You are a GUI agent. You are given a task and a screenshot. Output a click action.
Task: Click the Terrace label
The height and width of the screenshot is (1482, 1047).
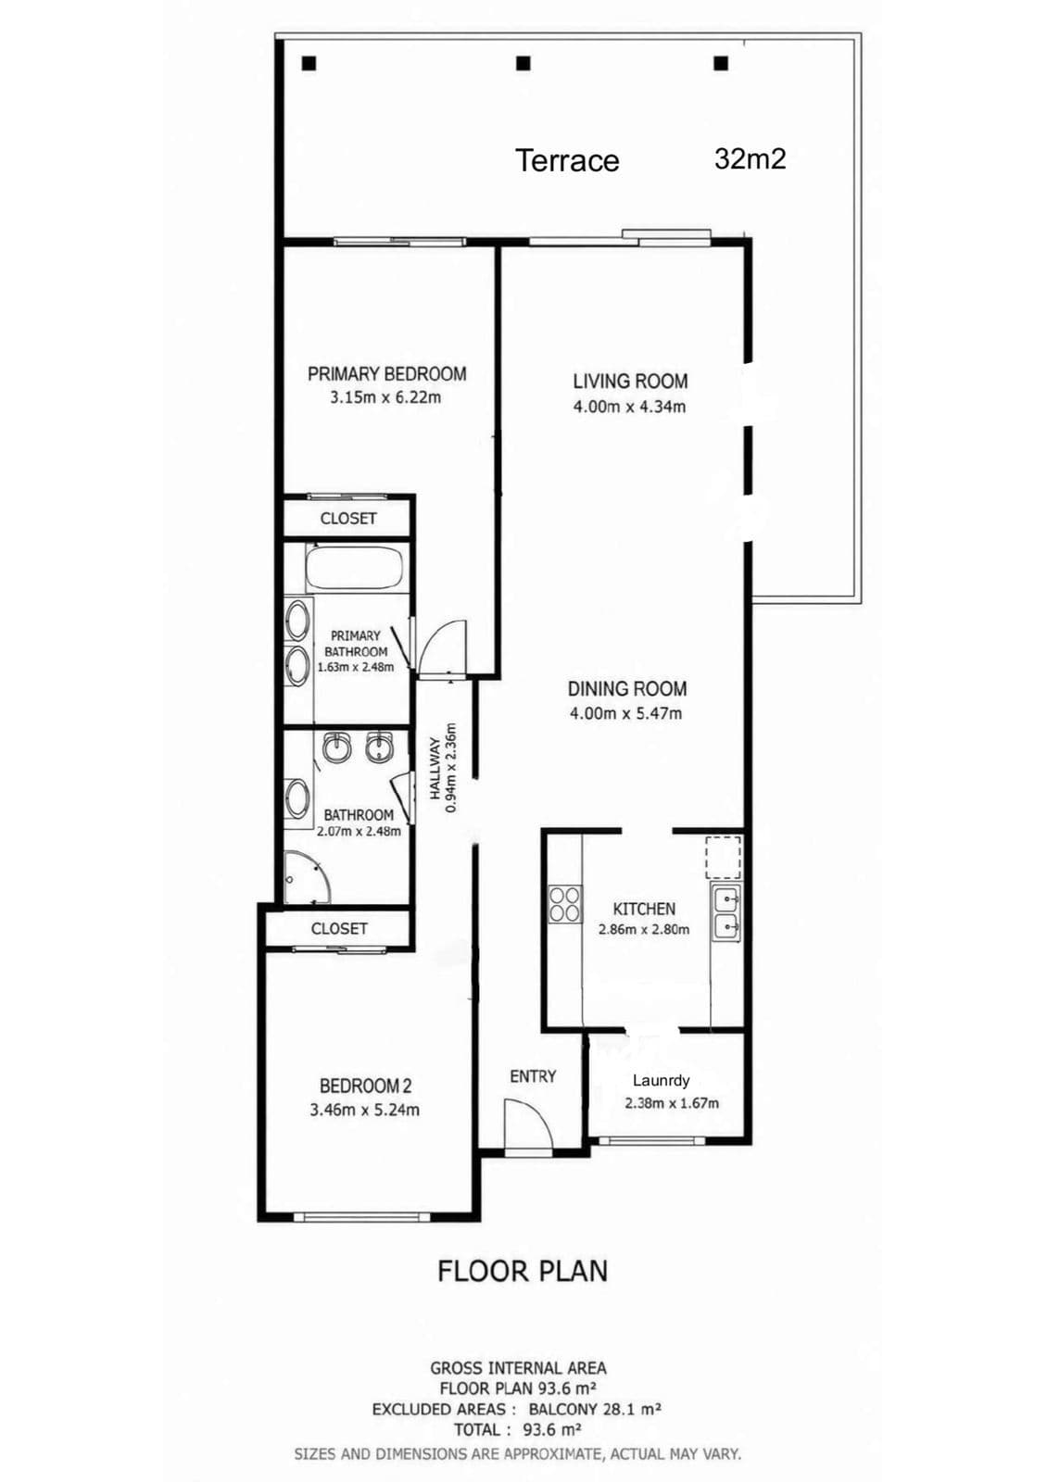(x=566, y=161)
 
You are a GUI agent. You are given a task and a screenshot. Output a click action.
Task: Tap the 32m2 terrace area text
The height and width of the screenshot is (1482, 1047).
(x=750, y=158)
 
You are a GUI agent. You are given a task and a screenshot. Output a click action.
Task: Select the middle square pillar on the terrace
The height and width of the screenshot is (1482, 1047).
(x=523, y=64)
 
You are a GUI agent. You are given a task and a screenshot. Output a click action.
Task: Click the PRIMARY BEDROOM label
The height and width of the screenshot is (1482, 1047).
(x=386, y=374)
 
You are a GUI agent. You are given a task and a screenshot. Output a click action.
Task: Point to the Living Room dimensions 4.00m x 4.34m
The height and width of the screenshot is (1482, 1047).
(x=629, y=407)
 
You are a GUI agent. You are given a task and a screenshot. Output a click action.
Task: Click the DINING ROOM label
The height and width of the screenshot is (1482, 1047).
(x=626, y=689)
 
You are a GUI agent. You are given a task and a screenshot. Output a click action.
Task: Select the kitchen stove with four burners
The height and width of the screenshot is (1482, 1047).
(x=565, y=904)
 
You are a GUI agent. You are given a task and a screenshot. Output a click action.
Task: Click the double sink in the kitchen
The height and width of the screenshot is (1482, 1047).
(x=726, y=911)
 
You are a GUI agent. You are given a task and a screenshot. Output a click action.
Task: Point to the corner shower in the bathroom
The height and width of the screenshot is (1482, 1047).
(x=306, y=877)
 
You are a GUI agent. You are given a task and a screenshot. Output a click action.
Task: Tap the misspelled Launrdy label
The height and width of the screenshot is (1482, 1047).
(x=661, y=1081)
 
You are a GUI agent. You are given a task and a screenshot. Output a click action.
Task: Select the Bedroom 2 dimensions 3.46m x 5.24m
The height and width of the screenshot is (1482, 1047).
(x=364, y=1111)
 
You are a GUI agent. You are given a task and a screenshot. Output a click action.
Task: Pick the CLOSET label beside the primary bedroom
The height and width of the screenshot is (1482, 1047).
(x=348, y=518)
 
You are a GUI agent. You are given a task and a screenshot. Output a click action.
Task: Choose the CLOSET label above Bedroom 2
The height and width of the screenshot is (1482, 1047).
(x=339, y=928)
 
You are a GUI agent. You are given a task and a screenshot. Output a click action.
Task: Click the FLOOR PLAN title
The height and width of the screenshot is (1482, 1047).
(x=523, y=1271)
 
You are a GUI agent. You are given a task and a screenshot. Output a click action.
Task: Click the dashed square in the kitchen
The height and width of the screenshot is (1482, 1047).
(x=723, y=857)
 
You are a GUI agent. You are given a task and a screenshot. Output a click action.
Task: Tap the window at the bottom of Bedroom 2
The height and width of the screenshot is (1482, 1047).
(x=360, y=1215)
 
